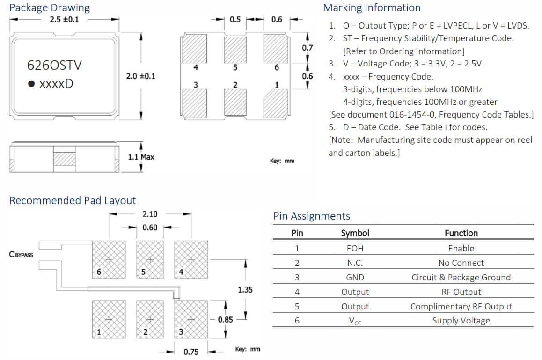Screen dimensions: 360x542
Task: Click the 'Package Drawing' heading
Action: point(50,7)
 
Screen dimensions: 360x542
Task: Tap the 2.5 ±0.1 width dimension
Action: point(64,19)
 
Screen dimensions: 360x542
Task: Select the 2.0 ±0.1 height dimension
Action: point(140,76)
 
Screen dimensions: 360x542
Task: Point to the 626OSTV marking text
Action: point(54,65)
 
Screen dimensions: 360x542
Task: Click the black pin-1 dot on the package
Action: point(31,84)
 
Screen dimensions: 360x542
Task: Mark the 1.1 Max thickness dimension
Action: point(141,157)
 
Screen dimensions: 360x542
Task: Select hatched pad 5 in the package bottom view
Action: point(235,48)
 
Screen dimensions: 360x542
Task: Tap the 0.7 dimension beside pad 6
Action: point(308,48)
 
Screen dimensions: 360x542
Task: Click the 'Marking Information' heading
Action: point(372,7)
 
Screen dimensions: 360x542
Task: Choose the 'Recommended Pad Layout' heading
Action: point(73,200)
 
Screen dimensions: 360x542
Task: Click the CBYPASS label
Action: point(21,255)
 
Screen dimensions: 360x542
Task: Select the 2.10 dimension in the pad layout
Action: point(150,214)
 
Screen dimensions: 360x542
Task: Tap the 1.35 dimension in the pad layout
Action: point(245,290)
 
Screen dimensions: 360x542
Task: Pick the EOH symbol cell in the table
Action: point(355,249)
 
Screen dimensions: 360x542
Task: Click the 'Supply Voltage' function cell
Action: point(461,321)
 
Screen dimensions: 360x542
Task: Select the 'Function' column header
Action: point(461,233)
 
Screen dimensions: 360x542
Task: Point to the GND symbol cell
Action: point(355,278)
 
